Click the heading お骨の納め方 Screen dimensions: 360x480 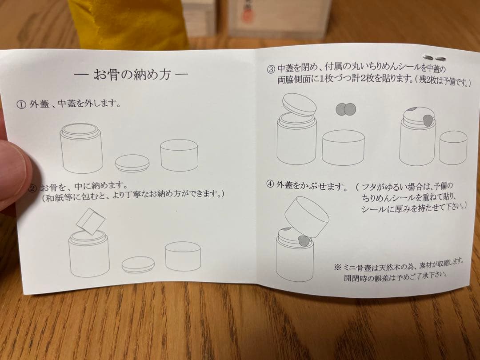coord(132,74)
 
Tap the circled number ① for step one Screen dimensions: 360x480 coord(21,105)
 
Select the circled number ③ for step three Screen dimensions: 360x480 coord(271,69)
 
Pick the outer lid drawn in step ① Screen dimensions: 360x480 coord(179,155)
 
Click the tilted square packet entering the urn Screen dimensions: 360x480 coord(90,221)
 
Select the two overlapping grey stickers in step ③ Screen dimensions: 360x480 coord(346,109)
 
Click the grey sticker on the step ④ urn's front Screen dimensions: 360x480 coord(304,241)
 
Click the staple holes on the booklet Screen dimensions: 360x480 coord(434,58)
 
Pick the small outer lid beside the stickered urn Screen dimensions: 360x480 coord(453,148)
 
